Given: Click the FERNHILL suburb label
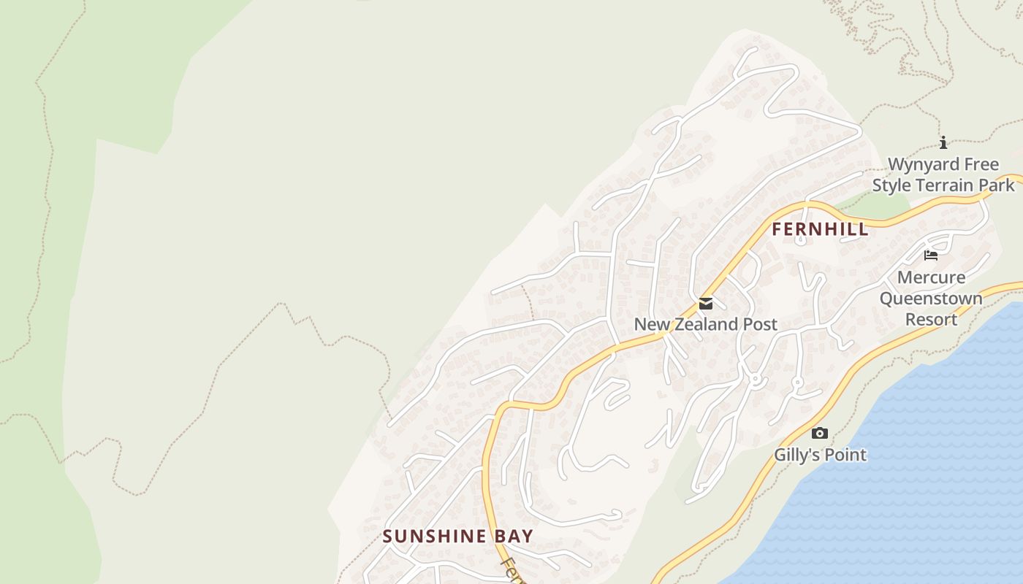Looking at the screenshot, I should click(820, 229).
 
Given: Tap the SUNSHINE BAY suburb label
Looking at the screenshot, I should click(457, 537).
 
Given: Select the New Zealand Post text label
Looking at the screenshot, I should click(705, 324).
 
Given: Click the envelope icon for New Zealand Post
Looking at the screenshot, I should click(705, 304).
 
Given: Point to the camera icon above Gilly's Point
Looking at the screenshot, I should click(820, 434).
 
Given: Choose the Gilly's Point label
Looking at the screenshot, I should click(820, 455).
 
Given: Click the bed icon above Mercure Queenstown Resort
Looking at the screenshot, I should click(930, 255).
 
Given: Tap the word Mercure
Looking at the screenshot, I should click(931, 277).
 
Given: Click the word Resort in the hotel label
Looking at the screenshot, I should click(931, 320).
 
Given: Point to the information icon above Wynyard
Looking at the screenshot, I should click(943, 143).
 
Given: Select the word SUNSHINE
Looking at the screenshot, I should click(434, 537).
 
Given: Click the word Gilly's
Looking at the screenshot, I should click(797, 455).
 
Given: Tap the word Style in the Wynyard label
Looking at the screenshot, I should click(891, 185).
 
